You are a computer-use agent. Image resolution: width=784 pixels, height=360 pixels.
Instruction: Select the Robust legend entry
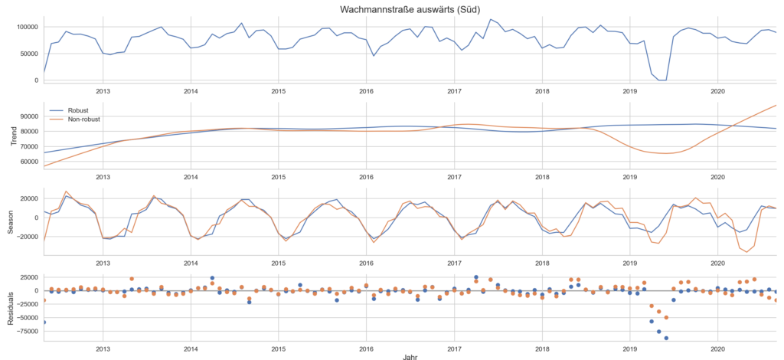78,110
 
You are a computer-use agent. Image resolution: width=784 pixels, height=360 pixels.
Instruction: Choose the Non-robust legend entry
84,119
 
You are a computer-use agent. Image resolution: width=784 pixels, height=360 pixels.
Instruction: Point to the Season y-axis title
9,218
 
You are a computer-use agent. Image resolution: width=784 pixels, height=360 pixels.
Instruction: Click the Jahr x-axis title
410,355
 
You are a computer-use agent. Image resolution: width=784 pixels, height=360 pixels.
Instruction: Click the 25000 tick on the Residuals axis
24,277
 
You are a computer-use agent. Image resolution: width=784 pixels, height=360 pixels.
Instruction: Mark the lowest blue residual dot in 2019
666,338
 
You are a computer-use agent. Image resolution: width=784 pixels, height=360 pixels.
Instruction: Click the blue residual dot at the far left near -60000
44,322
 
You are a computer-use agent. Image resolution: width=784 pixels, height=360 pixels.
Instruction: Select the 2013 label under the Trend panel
103,175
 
